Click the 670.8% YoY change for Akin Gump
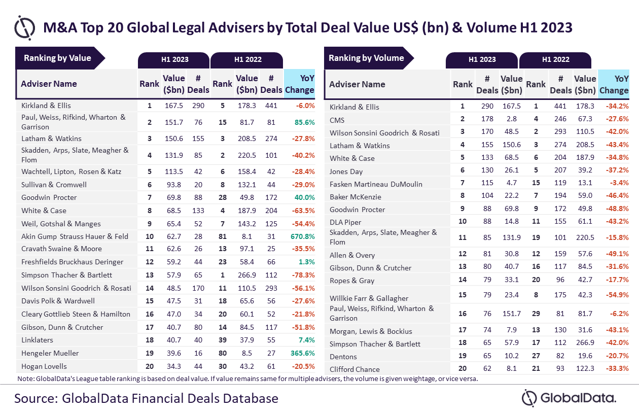click(x=303, y=236)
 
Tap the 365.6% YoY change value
click(x=303, y=353)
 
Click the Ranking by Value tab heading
click(x=57, y=58)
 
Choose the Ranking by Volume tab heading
click(x=366, y=58)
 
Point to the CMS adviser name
click(x=337, y=120)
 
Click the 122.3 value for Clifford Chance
click(x=585, y=369)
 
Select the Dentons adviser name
click(x=343, y=357)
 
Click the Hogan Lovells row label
click(x=44, y=366)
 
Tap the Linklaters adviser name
click(x=37, y=340)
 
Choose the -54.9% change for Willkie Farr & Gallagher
click(x=616, y=295)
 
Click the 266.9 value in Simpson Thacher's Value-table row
click(x=247, y=275)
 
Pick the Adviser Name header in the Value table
click(x=49, y=84)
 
